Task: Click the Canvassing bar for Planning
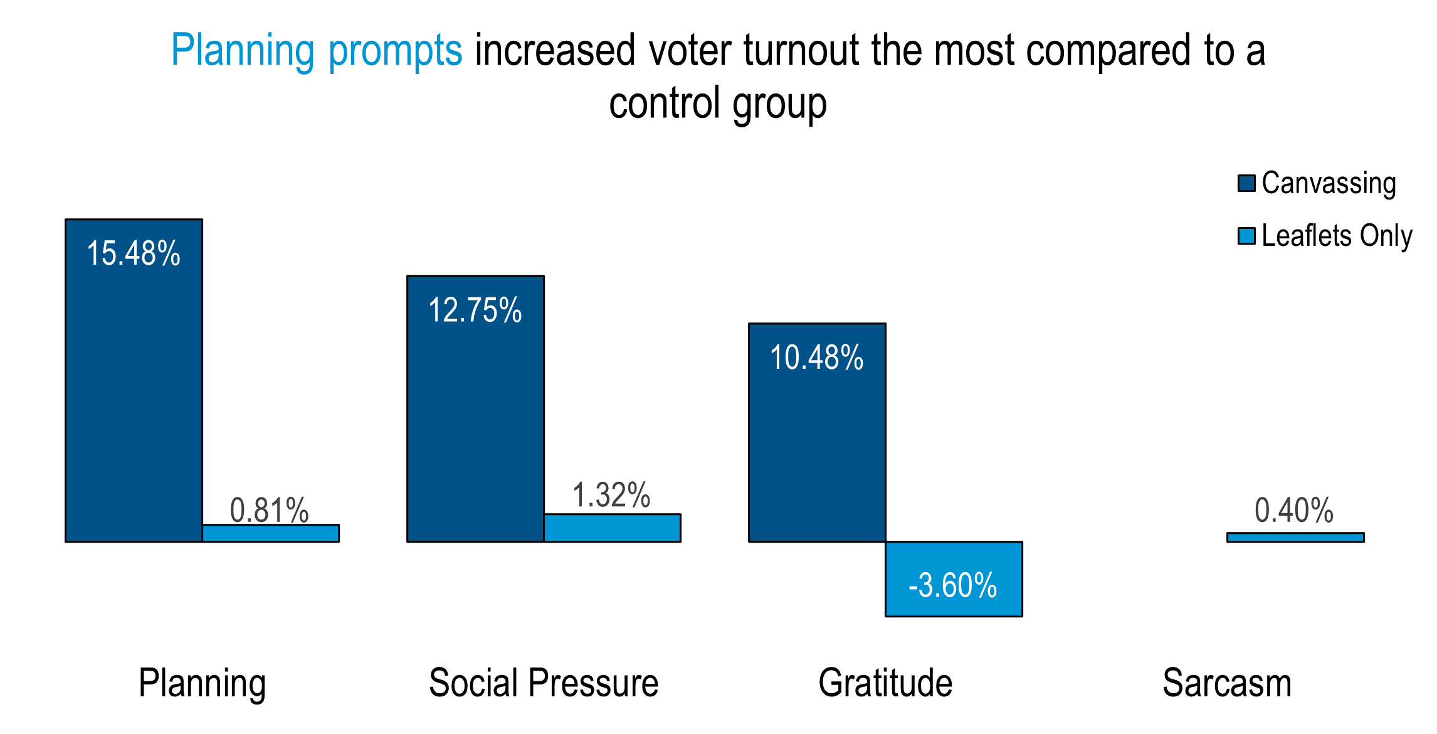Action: [134, 380]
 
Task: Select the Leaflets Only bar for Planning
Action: [270, 533]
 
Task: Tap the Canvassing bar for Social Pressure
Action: [475, 408]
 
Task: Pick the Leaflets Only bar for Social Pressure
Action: [612, 528]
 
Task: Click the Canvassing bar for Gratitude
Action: [817, 432]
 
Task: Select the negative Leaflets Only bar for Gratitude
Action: [954, 579]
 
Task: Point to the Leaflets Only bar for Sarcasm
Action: [1295, 537]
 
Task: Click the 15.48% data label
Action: [133, 253]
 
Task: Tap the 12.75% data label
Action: [475, 310]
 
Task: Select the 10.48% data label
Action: [816, 358]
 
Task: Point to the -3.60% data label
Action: [952, 585]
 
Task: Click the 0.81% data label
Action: [270, 509]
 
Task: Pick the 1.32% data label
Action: [611, 495]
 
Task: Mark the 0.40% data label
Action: [1294, 509]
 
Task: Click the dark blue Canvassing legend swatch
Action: [1246, 183]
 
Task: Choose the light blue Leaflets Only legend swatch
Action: [1246, 236]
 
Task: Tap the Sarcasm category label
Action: [1227, 683]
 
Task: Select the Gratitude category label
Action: [885, 683]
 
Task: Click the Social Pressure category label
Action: [544, 683]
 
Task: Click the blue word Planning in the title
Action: [243, 51]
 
